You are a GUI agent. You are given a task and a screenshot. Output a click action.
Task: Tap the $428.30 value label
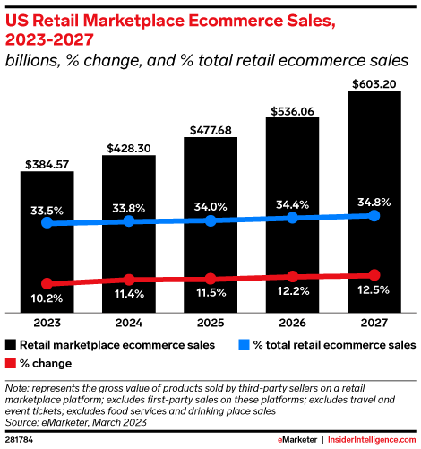tap(128, 147)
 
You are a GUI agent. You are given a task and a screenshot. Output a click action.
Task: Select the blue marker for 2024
tap(128, 221)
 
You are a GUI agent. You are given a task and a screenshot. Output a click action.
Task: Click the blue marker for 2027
tap(374, 216)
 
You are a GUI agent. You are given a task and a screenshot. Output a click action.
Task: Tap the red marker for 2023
tap(47, 286)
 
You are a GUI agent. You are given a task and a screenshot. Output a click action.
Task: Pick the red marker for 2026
tap(292, 276)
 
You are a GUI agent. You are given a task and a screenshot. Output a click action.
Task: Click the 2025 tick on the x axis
tap(210, 320)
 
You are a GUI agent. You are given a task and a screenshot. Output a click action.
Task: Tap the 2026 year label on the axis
tap(292, 320)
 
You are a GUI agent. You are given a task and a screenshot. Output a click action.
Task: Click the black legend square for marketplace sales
tap(11, 344)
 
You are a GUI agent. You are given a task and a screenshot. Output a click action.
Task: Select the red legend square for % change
tap(11, 363)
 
